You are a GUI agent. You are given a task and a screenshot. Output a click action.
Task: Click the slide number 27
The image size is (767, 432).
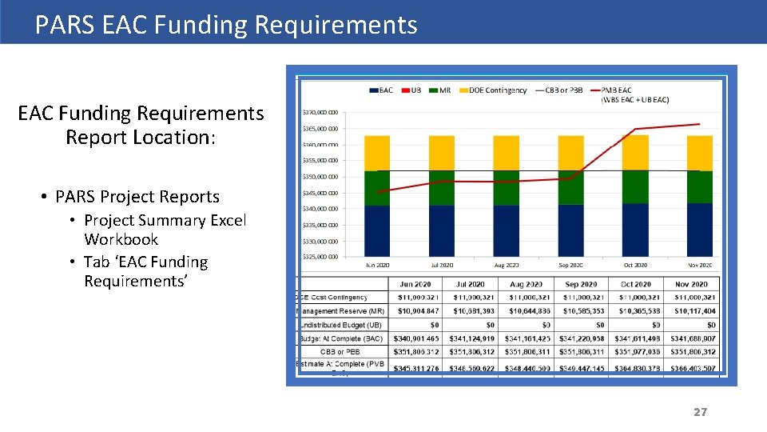(x=700, y=412)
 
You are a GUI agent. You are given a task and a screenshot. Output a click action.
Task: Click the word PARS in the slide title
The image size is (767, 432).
(x=64, y=25)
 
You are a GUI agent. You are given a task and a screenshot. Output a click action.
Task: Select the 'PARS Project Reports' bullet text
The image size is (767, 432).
(x=137, y=197)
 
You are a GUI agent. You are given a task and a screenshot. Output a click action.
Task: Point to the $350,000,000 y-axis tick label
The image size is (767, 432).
(x=320, y=177)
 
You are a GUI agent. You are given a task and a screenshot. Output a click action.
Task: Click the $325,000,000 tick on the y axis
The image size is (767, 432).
(x=320, y=257)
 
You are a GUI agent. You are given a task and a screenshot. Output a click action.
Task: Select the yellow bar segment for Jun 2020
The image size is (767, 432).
(x=377, y=153)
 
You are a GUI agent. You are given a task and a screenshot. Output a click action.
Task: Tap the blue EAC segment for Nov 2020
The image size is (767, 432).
(x=699, y=230)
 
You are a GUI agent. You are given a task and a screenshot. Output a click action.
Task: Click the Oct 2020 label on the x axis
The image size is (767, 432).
(x=635, y=265)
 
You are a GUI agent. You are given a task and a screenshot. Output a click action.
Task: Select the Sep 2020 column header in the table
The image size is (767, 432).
(x=581, y=284)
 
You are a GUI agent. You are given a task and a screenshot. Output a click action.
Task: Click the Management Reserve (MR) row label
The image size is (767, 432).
(x=341, y=311)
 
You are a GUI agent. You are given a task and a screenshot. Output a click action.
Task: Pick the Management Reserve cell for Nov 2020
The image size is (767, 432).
(x=691, y=311)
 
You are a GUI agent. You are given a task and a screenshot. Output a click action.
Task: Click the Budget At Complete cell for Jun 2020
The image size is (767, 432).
(x=415, y=338)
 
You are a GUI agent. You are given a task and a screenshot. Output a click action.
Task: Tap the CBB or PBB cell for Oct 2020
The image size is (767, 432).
(x=636, y=352)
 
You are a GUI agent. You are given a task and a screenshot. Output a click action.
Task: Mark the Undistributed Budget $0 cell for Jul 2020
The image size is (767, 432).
(x=471, y=325)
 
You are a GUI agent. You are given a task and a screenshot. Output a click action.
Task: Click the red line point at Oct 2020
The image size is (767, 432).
(x=635, y=129)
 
